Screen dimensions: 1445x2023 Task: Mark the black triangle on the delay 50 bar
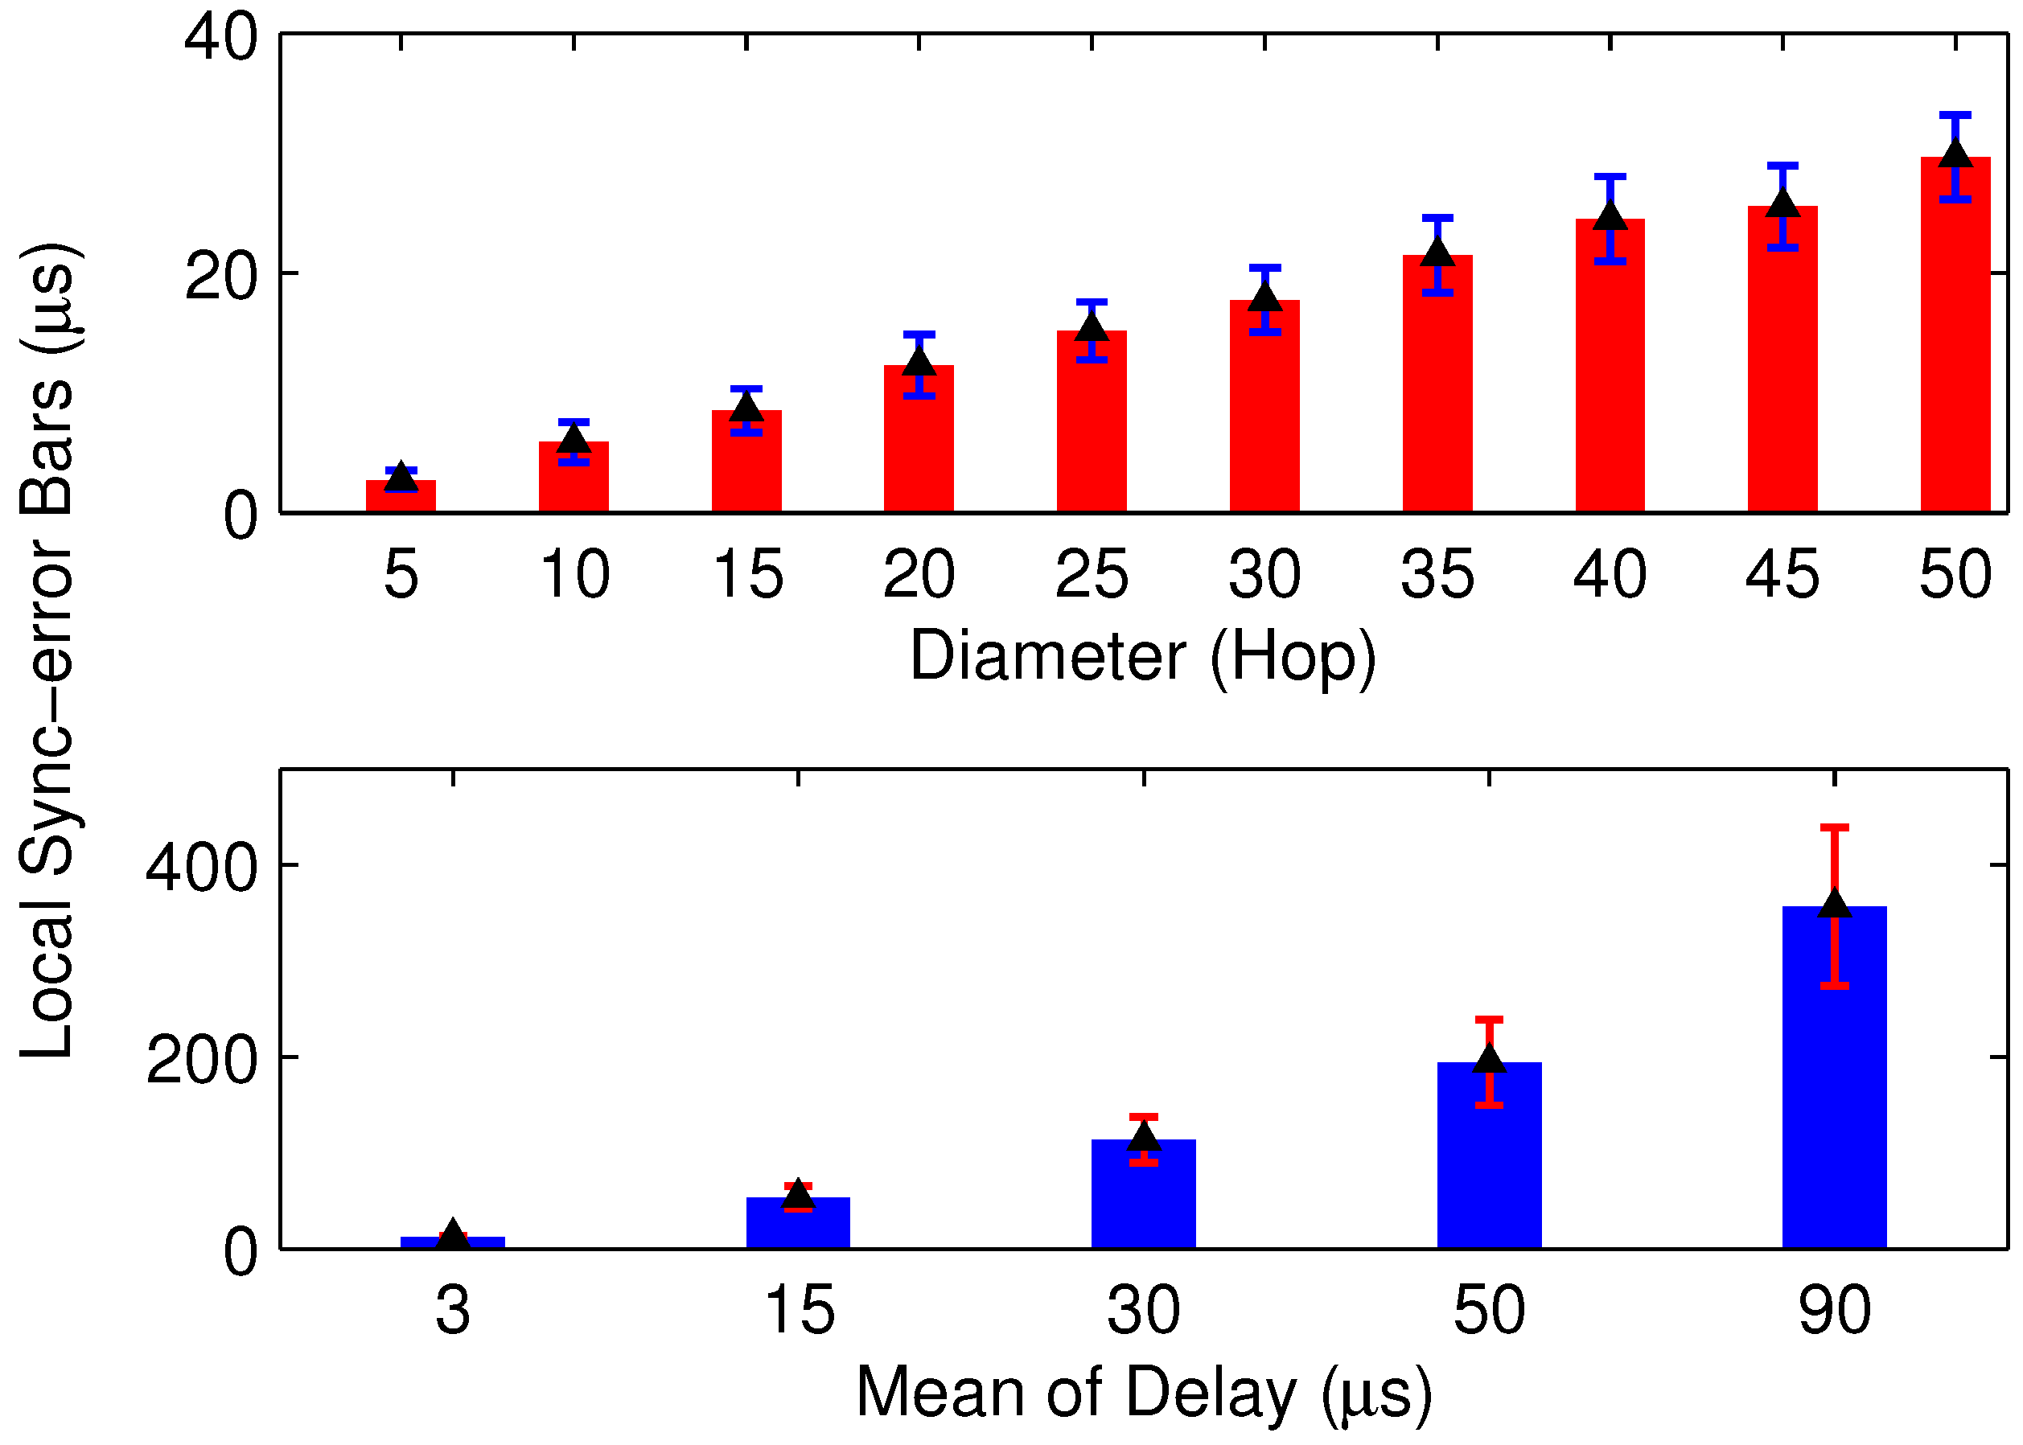pos(1489,1060)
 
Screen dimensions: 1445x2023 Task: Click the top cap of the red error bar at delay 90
pos(1834,828)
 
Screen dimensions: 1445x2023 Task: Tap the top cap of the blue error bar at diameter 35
pos(1437,218)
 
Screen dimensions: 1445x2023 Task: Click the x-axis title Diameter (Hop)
pos(1143,657)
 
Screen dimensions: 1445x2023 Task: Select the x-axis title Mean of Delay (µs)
pos(1143,1393)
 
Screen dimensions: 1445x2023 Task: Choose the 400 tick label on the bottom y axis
pos(201,867)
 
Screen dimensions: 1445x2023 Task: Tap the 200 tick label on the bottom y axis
pos(201,1060)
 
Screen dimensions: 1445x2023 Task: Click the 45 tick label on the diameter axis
pos(1782,575)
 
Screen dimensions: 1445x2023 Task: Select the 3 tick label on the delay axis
pos(452,1311)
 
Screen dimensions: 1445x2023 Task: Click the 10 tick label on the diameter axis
pos(574,575)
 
